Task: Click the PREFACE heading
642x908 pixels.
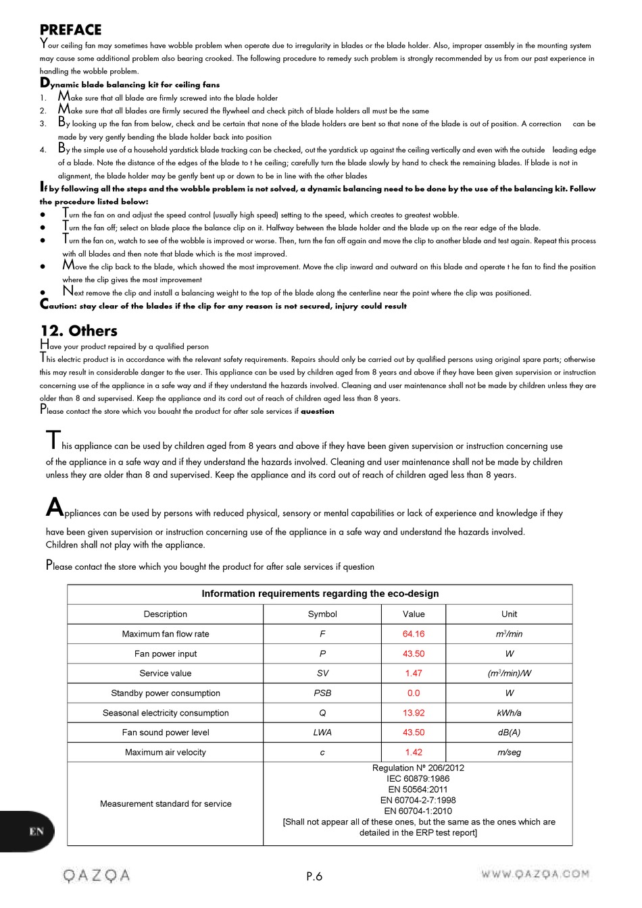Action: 70,30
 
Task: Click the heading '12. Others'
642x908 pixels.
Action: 78,331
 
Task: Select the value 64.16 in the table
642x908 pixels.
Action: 414,634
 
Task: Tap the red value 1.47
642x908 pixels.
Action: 414,673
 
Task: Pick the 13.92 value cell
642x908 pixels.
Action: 414,713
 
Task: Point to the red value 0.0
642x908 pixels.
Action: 414,693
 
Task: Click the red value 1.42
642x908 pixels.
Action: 414,752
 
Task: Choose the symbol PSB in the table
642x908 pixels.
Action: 322,693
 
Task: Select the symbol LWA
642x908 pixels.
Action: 322,732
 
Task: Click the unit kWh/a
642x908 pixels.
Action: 509,713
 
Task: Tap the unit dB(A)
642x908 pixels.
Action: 509,732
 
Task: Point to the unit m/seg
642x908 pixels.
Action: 509,752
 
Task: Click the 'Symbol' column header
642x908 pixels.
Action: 322,614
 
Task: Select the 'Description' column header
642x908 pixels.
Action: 166,614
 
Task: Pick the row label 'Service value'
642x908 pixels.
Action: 166,673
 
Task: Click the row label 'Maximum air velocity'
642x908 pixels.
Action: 166,752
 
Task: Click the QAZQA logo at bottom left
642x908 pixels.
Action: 96,876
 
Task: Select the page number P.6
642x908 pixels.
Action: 314,876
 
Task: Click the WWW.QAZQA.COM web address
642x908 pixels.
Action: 535,874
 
